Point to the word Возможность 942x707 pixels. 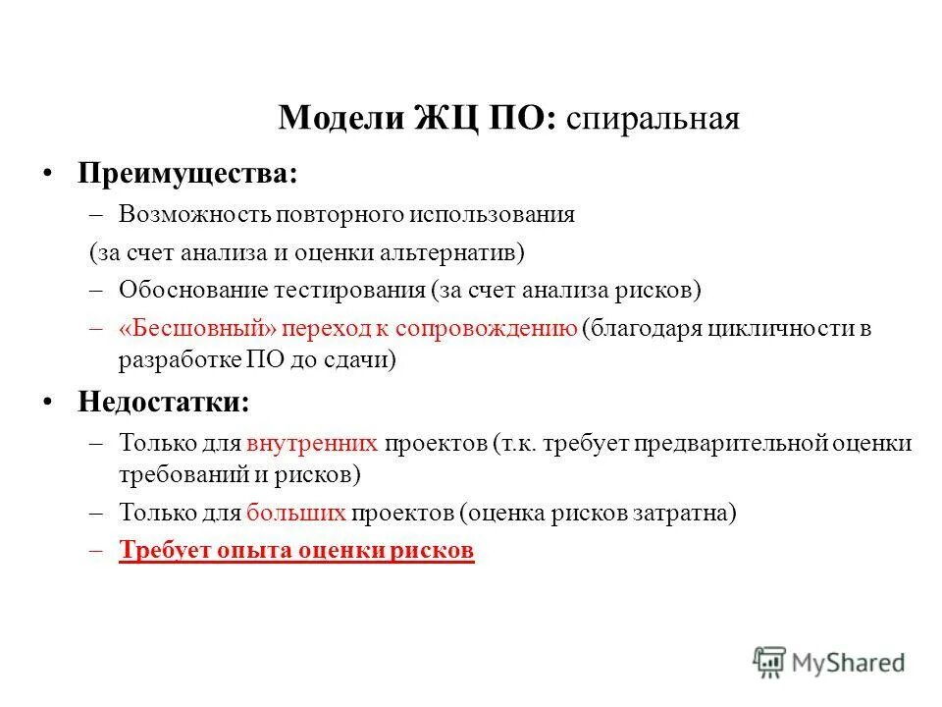[x=193, y=214]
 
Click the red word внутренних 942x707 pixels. [x=312, y=442]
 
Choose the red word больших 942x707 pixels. [x=296, y=512]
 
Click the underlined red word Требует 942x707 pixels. [x=160, y=550]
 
